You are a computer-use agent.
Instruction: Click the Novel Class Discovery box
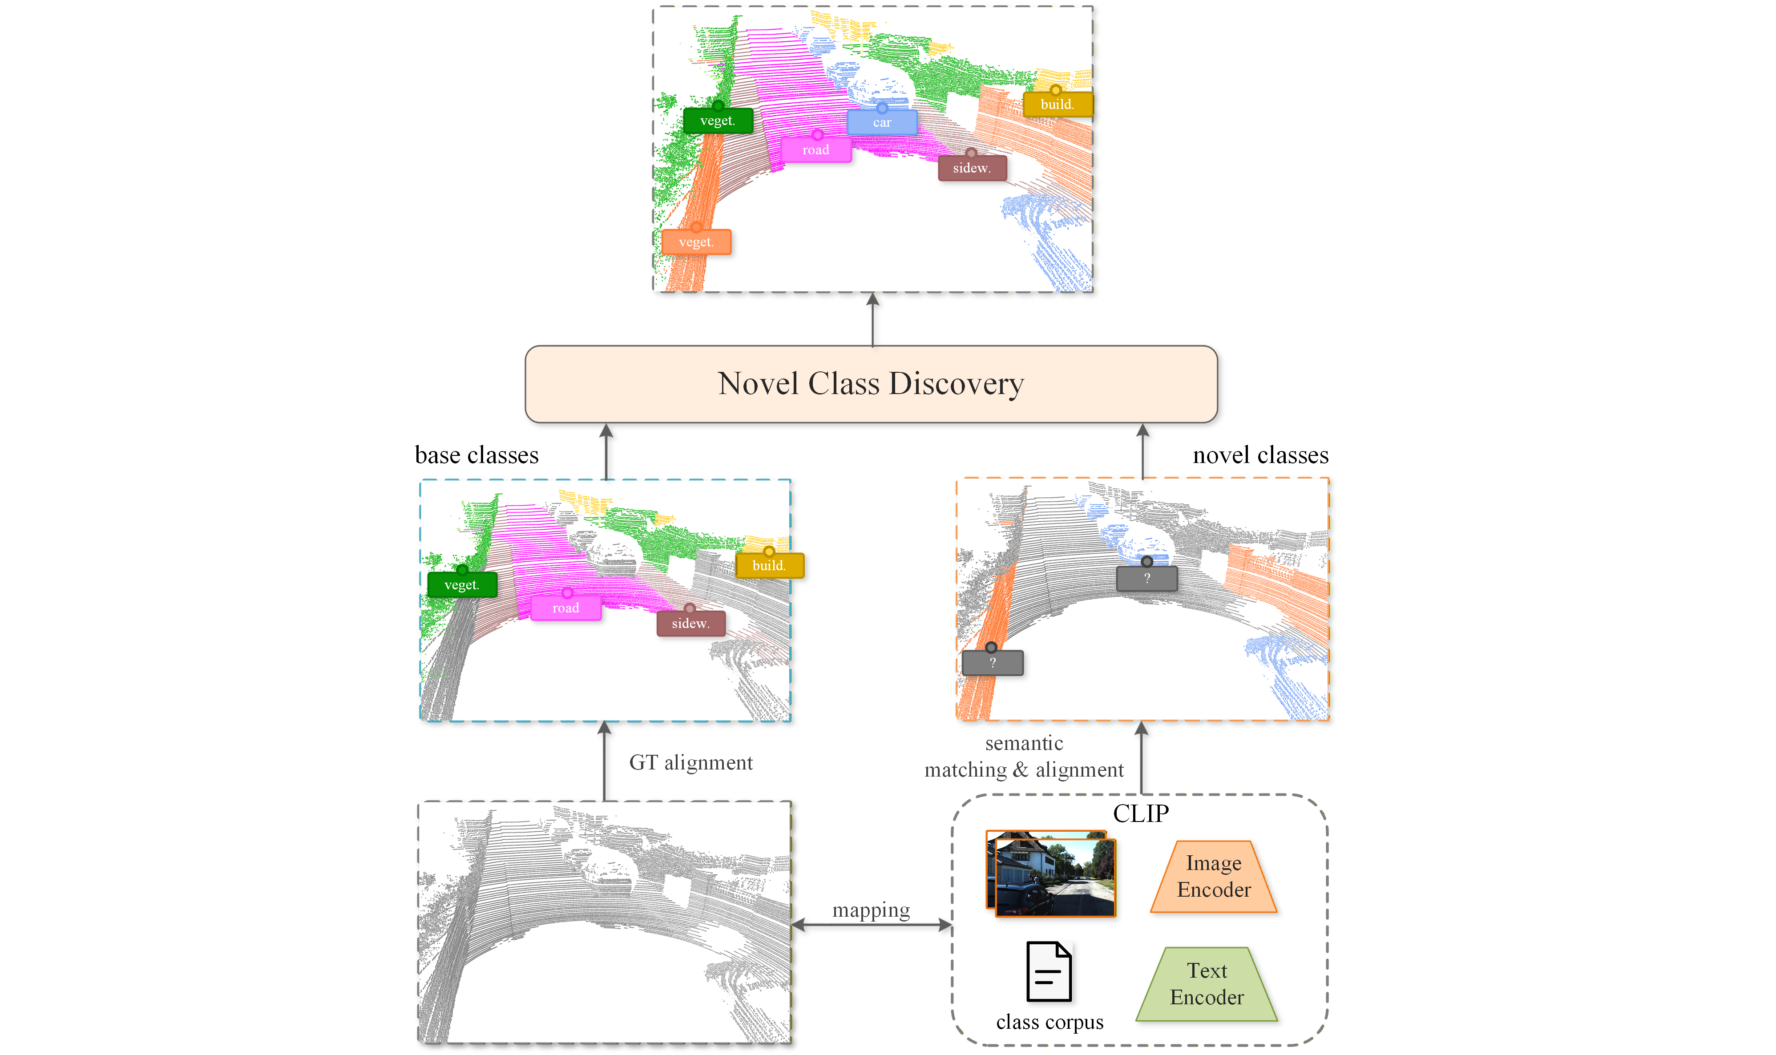871,384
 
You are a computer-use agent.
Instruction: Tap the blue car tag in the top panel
882,122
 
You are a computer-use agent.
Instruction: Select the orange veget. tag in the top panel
696,242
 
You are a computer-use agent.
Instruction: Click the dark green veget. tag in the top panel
718,120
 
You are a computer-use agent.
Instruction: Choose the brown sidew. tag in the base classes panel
691,624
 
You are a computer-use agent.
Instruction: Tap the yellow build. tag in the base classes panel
769,565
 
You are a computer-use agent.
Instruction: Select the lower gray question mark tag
993,663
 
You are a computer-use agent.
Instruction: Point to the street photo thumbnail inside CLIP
1051,874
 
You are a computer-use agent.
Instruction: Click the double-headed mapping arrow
872,925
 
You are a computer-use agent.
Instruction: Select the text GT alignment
690,763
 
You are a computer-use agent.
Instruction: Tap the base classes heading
476,455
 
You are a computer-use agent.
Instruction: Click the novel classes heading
1260,455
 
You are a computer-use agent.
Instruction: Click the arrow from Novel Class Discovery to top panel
873,319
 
